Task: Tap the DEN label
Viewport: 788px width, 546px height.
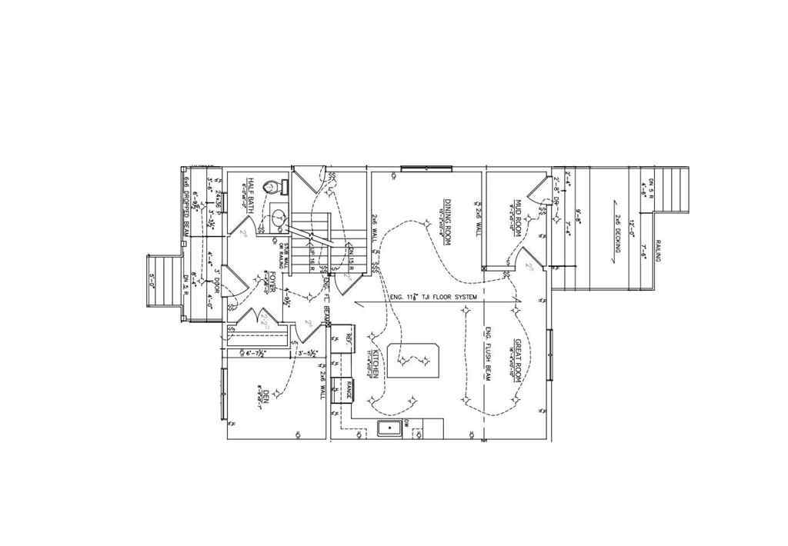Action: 264,398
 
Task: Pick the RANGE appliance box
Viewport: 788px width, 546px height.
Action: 348,385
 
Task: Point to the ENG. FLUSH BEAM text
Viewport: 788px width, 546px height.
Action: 488,354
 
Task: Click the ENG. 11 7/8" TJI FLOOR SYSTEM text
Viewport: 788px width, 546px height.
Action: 433,297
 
